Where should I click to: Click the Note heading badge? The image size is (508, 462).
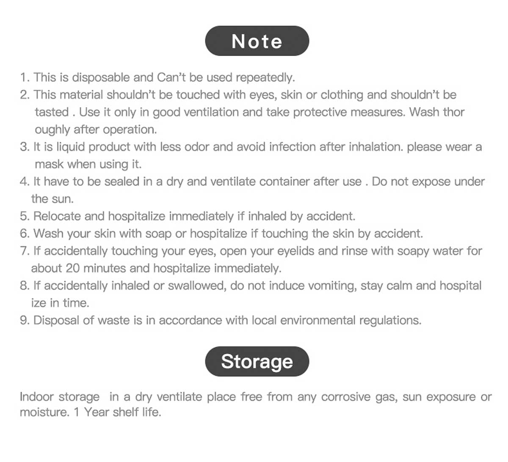(257, 41)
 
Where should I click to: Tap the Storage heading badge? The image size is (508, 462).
(257, 361)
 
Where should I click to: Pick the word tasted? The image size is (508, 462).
(52, 112)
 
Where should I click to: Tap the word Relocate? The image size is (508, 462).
(57, 216)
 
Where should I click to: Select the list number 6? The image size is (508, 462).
(24, 234)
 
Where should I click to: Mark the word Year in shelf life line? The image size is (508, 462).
(97, 412)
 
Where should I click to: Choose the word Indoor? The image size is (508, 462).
(36, 397)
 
